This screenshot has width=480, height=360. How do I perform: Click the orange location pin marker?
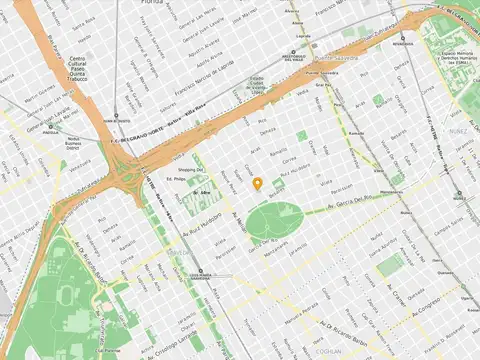click(x=257, y=183)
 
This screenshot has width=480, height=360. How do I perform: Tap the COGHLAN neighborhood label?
click(x=329, y=352)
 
